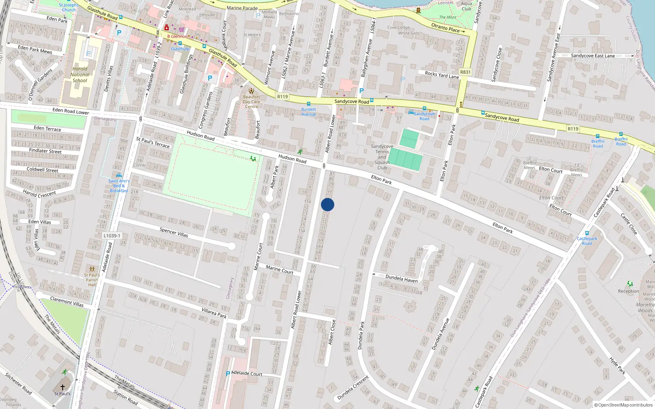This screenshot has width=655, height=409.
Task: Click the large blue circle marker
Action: pyautogui.click(x=327, y=204)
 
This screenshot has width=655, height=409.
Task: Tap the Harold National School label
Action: pyautogui.click(x=80, y=74)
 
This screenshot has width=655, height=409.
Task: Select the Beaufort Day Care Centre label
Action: pyautogui.click(x=251, y=102)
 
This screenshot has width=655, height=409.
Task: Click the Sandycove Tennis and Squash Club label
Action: pyautogui.click(x=382, y=157)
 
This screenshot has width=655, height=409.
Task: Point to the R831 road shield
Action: pyautogui.click(x=465, y=72)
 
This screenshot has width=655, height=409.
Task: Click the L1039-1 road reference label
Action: pyautogui.click(x=112, y=236)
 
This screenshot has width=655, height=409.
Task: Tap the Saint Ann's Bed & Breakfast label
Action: pyautogui.click(x=119, y=186)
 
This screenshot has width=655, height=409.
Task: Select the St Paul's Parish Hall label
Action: pyautogui.click(x=92, y=280)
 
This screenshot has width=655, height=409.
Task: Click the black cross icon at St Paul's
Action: pyautogui.click(x=63, y=387)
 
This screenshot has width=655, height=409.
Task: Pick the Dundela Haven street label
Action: pyautogui.click(x=402, y=279)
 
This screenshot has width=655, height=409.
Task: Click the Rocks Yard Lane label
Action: pyautogui.click(x=442, y=75)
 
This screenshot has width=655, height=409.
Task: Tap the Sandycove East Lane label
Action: pyautogui.click(x=593, y=56)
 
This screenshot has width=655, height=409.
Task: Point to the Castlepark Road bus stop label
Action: pyautogui.click(x=587, y=241)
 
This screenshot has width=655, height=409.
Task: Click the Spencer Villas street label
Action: pyautogui.click(x=174, y=232)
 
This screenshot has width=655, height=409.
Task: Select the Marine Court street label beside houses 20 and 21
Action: pyautogui.click(x=279, y=269)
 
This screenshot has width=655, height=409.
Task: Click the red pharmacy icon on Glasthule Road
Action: pyautogui.click(x=166, y=28)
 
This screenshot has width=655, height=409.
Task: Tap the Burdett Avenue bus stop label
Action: pyautogui.click(x=309, y=112)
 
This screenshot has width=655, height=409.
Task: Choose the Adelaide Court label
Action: pyautogui.click(x=247, y=373)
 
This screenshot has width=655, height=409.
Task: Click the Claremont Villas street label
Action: pyautogui.click(x=67, y=302)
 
